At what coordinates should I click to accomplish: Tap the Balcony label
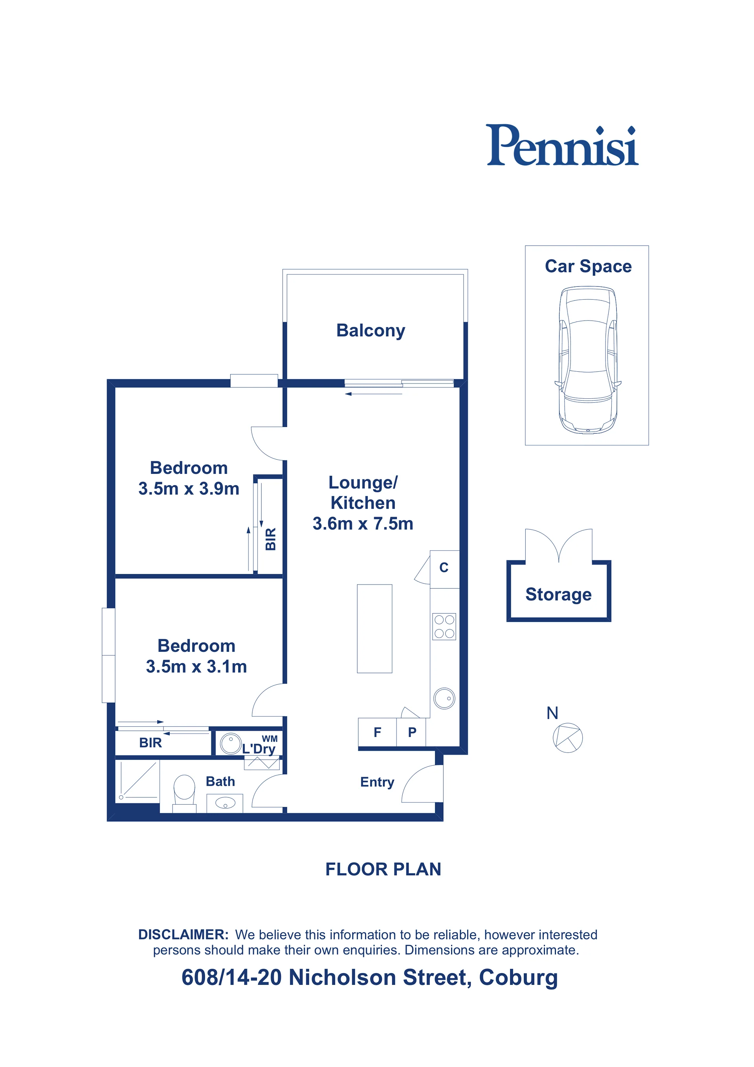click(x=371, y=331)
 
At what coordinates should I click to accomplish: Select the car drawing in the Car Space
click(x=587, y=360)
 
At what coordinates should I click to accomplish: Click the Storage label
click(x=558, y=594)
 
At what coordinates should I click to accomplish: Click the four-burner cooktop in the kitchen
click(x=444, y=627)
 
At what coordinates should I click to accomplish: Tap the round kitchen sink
click(x=444, y=698)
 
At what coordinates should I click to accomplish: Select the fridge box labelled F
click(x=377, y=732)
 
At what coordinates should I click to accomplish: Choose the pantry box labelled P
click(x=411, y=732)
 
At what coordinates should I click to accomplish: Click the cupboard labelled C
click(x=444, y=569)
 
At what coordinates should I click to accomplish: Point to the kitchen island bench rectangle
click(x=374, y=628)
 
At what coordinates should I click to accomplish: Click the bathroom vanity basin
click(x=225, y=803)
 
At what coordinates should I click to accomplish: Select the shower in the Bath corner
click(x=138, y=781)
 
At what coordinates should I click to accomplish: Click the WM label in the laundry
click(x=270, y=739)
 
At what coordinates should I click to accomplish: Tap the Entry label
click(x=377, y=782)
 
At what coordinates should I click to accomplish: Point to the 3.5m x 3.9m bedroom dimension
click(x=189, y=489)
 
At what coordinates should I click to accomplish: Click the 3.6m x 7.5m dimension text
click(x=363, y=524)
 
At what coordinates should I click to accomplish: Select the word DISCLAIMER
click(x=183, y=935)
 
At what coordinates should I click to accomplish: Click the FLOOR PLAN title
click(x=383, y=869)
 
